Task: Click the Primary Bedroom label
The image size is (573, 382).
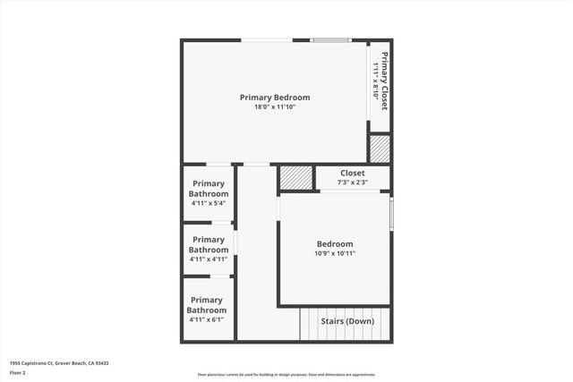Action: tap(275, 97)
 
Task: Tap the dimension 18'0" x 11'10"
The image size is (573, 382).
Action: tap(275, 107)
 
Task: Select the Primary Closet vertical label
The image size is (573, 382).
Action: tap(384, 81)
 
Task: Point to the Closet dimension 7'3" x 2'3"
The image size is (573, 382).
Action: tap(352, 183)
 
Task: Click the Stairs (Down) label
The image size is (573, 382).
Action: tap(348, 321)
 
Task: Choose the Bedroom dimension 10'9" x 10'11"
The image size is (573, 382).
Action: tap(335, 253)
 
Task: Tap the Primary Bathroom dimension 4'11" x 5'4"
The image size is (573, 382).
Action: tap(209, 203)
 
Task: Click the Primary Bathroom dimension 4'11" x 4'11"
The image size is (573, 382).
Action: tap(209, 259)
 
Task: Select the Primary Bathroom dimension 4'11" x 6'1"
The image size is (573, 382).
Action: tap(207, 319)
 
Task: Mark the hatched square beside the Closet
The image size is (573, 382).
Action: tap(295, 177)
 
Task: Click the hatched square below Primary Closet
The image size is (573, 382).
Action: tap(380, 149)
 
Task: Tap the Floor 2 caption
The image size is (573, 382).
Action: tap(19, 371)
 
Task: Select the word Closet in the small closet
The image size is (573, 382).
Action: tap(352, 173)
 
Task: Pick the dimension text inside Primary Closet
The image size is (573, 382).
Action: tap(374, 81)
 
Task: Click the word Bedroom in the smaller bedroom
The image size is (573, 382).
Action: tap(335, 243)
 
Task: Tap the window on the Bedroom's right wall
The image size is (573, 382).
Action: tap(391, 214)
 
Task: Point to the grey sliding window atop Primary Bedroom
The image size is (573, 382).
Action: tap(330, 40)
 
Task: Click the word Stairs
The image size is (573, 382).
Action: tap(334, 321)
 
